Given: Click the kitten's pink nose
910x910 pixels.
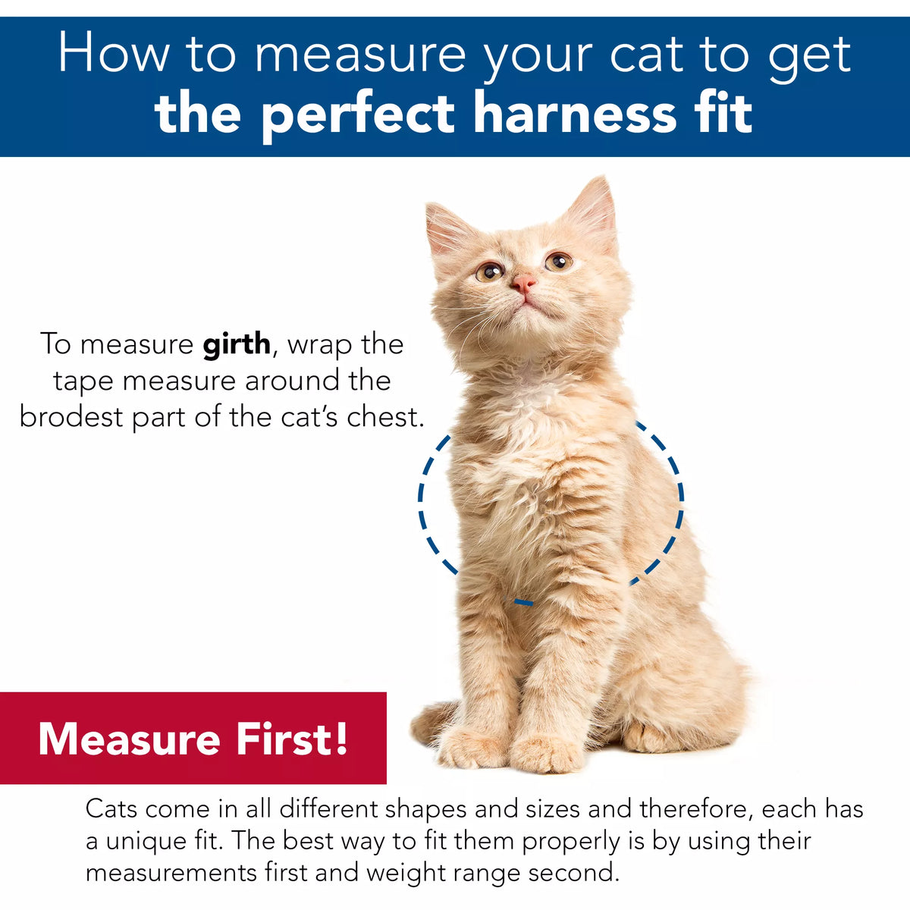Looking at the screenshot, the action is pos(524,284).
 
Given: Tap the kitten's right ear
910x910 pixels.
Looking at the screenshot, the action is pos(593,212).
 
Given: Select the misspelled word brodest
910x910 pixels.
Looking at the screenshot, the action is pos(71,417).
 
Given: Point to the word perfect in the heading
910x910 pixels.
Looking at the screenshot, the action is pos(358,116).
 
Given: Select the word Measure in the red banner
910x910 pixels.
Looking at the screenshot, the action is pos(129,739).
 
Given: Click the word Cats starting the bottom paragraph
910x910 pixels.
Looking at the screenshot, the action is pos(112,809).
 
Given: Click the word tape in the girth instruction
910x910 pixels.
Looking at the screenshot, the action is pos(83,381).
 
